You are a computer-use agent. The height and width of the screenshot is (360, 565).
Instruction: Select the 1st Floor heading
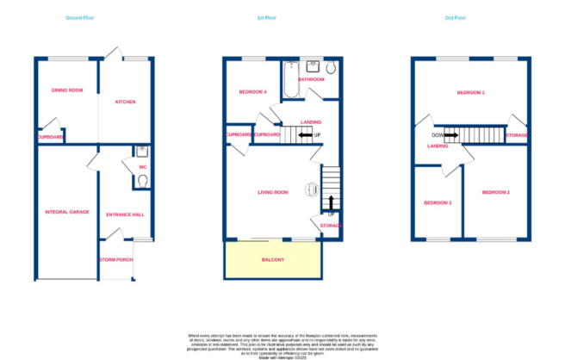tap(265, 17)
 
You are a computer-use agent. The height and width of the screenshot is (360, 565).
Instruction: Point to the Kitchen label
tap(126, 102)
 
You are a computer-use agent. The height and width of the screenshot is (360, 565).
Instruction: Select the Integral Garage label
tap(67, 211)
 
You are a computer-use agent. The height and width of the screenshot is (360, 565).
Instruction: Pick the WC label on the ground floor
tap(142, 156)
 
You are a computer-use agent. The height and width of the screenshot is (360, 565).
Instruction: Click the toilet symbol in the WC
tap(142, 180)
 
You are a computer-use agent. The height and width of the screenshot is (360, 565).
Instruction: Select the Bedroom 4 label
tap(253, 91)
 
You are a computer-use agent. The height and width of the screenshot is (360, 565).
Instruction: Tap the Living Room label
tap(272, 192)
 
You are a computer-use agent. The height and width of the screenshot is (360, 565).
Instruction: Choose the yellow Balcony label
tap(273, 259)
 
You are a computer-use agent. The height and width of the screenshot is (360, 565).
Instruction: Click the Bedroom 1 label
tap(471, 91)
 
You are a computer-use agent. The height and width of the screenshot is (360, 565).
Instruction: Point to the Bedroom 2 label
tap(496, 191)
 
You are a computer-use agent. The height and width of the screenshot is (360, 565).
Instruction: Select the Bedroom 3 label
tap(438, 202)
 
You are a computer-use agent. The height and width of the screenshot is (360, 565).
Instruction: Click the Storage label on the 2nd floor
tap(517, 135)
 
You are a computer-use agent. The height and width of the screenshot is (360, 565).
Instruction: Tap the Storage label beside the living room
tap(331, 226)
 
